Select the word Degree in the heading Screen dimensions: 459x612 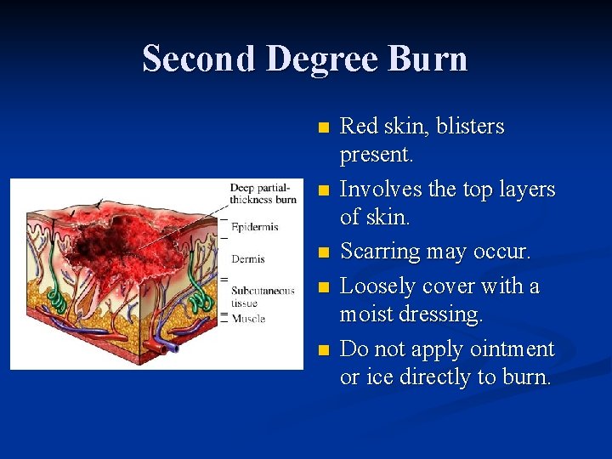click(x=335, y=59)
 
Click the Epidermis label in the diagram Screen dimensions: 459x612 click(x=254, y=227)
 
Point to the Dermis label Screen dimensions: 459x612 click(x=247, y=259)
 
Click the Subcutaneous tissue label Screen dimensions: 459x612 click(x=262, y=296)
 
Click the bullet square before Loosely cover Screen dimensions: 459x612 click(x=321, y=287)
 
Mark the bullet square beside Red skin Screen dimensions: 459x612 click(x=321, y=127)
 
